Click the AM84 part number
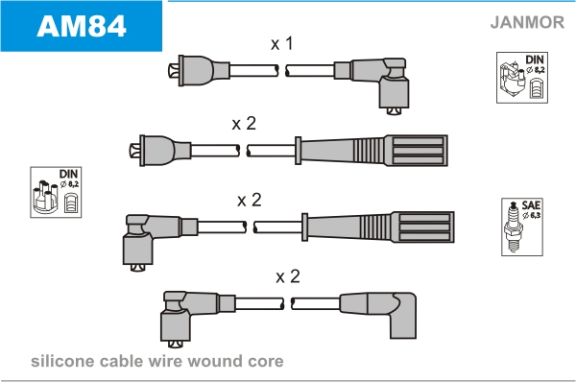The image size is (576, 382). click(82, 26)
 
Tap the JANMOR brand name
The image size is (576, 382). click(527, 22)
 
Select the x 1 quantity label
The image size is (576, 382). click(281, 44)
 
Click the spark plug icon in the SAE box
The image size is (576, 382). click(514, 227)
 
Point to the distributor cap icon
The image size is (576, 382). click(45, 198)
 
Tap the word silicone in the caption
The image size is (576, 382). click(62, 361)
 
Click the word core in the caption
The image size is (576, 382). click(266, 362)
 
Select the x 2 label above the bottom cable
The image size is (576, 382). click(288, 276)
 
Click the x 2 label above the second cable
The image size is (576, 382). click(244, 124)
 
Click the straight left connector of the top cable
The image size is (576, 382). click(199, 71)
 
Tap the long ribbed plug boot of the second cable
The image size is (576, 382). click(371, 151)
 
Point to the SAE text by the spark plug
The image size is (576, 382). click(531, 205)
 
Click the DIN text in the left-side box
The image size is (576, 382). click(68, 174)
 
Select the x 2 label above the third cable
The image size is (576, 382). click(250, 201)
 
